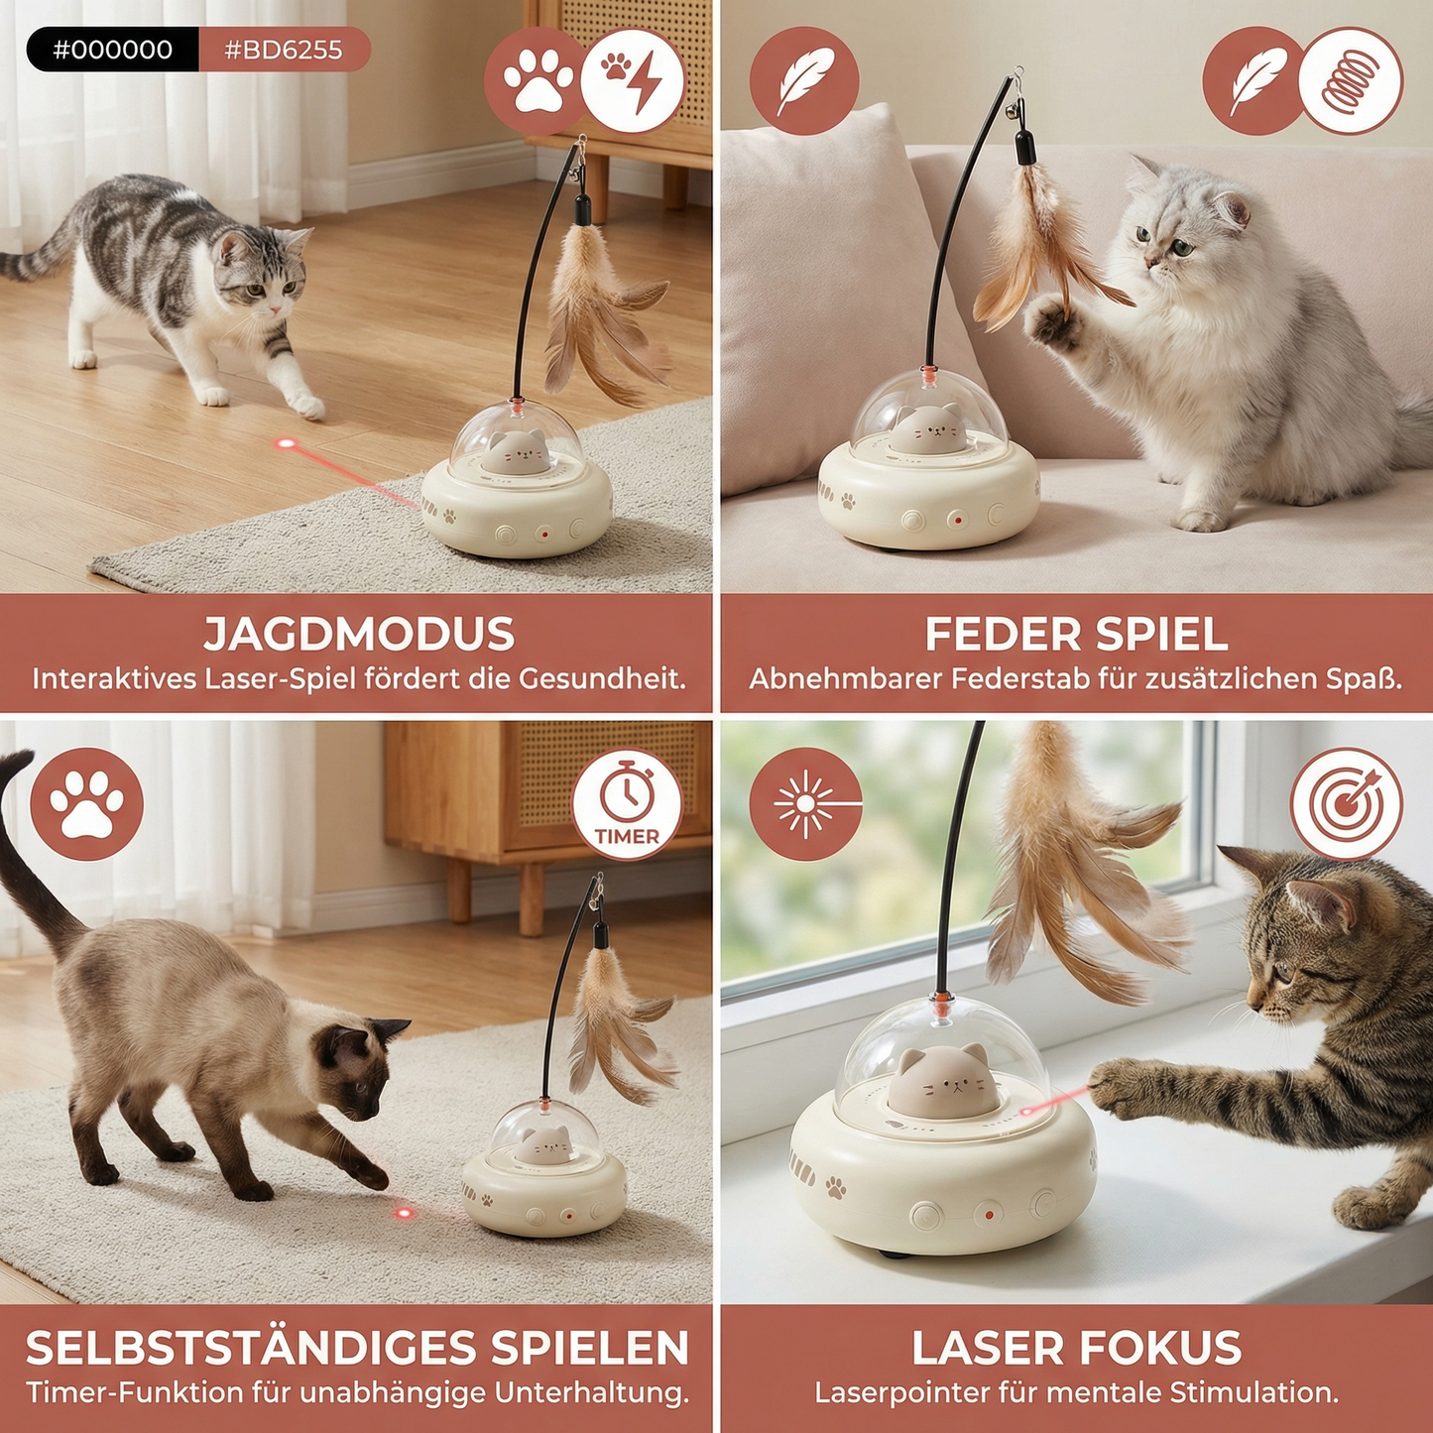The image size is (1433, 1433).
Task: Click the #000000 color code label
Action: (x=113, y=50)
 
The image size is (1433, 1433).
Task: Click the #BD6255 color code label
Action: (x=284, y=50)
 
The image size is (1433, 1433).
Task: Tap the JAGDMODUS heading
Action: (x=359, y=635)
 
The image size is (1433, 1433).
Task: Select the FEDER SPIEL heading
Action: (x=1076, y=635)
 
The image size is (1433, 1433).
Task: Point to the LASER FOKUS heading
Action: (x=1076, y=1348)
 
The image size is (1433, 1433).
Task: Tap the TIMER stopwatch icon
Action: (x=627, y=804)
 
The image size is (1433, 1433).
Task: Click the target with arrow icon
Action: (x=1346, y=803)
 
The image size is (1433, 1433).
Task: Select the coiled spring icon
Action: (x=1351, y=81)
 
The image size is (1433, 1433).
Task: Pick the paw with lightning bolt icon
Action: (x=632, y=81)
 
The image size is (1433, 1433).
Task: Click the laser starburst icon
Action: (x=805, y=803)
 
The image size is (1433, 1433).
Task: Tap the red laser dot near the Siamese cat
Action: (x=404, y=1212)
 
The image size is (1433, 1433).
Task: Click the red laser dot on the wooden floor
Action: (x=287, y=443)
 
